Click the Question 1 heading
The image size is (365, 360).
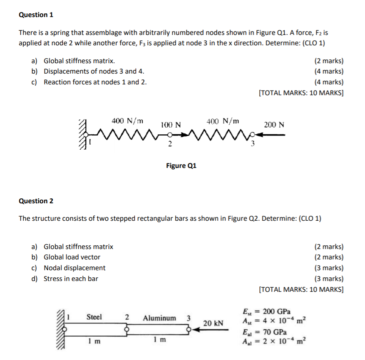pyautogui.click(x=36, y=15)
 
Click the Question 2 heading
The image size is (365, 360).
pyautogui.click(x=36, y=201)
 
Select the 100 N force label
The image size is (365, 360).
pyautogui.click(x=171, y=125)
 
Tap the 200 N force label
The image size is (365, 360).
pyautogui.click(x=274, y=125)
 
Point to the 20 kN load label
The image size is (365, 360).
pyautogui.click(x=213, y=323)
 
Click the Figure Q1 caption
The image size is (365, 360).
pyautogui.click(x=181, y=166)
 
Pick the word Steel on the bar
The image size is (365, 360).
pyautogui.click(x=94, y=317)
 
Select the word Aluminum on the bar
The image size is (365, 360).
pyautogui.click(x=159, y=318)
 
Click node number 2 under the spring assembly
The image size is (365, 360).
pyautogui.click(x=169, y=144)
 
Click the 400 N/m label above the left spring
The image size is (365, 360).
pyautogui.click(x=127, y=121)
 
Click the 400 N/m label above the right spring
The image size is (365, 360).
pyautogui.click(x=223, y=121)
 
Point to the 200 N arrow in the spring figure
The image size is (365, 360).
pyautogui.click(x=271, y=135)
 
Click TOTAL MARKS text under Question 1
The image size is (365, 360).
pyautogui.click(x=301, y=93)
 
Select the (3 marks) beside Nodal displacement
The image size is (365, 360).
pyautogui.click(x=329, y=268)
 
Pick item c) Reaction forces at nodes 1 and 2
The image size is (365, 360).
pyautogui.click(x=89, y=82)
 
